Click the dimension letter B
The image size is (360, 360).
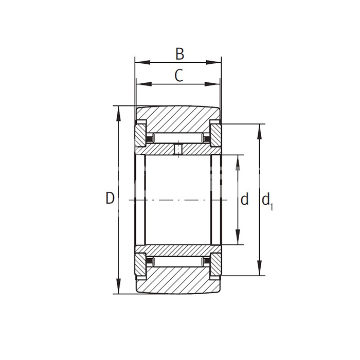pyautogui.click(x=180, y=53)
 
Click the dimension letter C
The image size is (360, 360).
pyautogui.click(x=179, y=76)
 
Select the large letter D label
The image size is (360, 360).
pyautogui.click(x=110, y=198)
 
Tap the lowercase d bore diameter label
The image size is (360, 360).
pyautogui.click(x=244, y=199)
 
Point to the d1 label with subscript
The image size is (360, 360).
pyautogui.click(x=267, y=201)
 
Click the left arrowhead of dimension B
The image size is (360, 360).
pyautogui.click(x=143, y=62)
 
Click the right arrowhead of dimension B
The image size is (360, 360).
pyautogui.click(x=214, y=62)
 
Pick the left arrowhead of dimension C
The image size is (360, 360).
pyautogui.click(x=144, y=84)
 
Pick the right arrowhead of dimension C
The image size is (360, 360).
pyautogui.click(x=212, y=84)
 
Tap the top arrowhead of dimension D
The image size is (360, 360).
pyautogui.click(x=118, y=114)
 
